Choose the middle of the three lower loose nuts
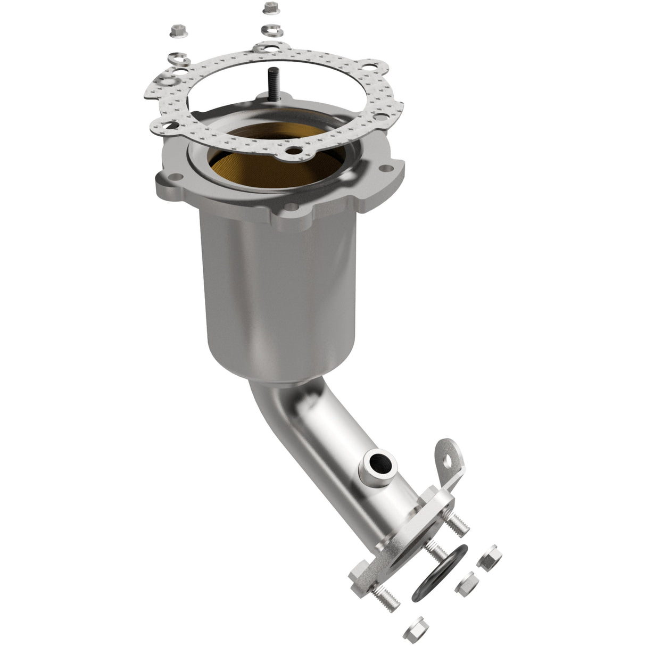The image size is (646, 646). pyautogui.click(x=467, y=581)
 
